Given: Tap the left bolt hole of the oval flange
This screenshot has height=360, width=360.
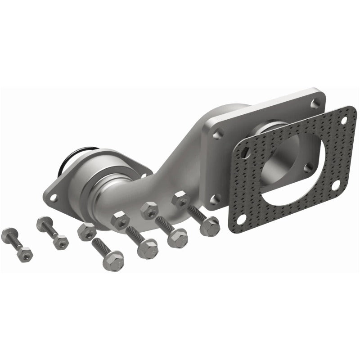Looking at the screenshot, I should [54, 197].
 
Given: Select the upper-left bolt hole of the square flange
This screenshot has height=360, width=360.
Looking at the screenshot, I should [218, 134].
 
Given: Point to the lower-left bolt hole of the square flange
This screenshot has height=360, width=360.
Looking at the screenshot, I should [215, 198].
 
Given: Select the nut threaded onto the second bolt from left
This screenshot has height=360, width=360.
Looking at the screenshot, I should [60, 242].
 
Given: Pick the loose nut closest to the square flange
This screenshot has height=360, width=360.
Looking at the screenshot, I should [180, 199].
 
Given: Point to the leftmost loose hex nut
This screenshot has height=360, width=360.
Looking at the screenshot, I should [86, 231].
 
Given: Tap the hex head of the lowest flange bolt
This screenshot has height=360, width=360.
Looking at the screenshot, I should [112, 261].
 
